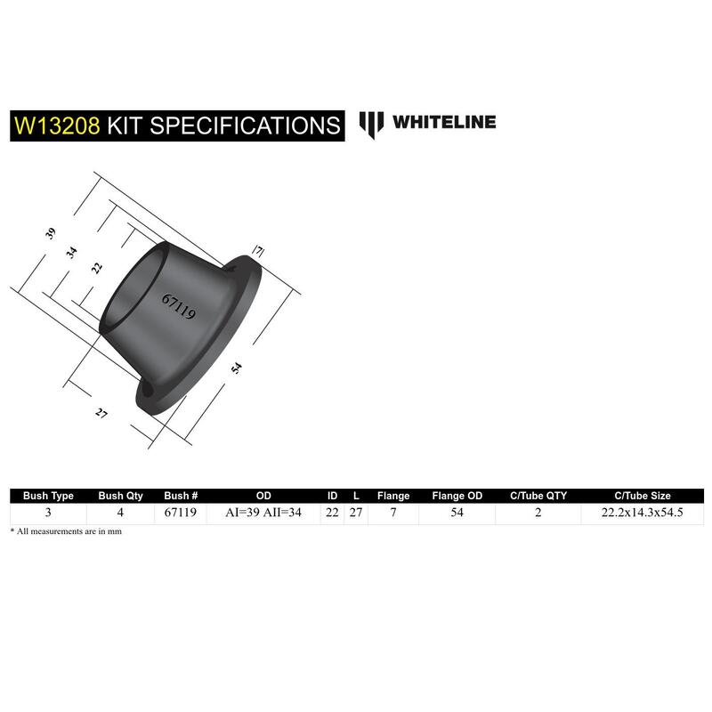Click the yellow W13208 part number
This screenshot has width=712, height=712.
pyautogui.click(x=57, y=125)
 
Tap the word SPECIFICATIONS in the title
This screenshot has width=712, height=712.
pyautogui.click(x=245, y=125)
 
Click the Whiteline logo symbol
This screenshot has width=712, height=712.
pyautogui.click(x=371, y=125)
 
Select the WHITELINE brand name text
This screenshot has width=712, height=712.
pyautogui.click(x=444, y=122)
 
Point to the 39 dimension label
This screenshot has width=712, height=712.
pyautogui.click(x=51, y=233)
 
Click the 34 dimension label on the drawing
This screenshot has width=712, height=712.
pyautogui.click(x=72, y=252)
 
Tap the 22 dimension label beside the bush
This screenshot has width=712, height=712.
pyautogui.click(x=97, y=268)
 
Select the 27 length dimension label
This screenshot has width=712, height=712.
pyautogui.click(x=101, y=413)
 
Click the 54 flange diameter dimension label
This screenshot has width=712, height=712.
pyautogui.click(x=237, y=368)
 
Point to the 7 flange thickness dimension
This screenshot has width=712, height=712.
pyautogui.click(x=258, y=251)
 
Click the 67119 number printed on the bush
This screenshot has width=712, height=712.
pyautogui.click(x=179, y=306)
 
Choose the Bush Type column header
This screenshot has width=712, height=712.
pyautogui.click(x=48, y=496)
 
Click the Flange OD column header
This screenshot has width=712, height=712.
pyautogui.click(x=457, y=496)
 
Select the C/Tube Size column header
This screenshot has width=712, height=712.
pyautogui.click(x=642, y=496)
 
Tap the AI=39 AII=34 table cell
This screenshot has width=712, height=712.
pyautogui.click(x=263, y=513)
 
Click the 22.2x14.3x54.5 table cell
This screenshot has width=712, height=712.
pyautogui.click(x=642, y=513)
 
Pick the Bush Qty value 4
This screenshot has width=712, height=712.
pyautogui.click(x=120, y=513)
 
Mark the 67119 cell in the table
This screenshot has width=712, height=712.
pyautogui.click(x=181, y=513)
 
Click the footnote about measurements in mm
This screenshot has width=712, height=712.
pyautogui.click(x=66, y=531)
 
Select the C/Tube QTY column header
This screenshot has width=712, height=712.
pyautogui.click(x=538, y=496)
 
